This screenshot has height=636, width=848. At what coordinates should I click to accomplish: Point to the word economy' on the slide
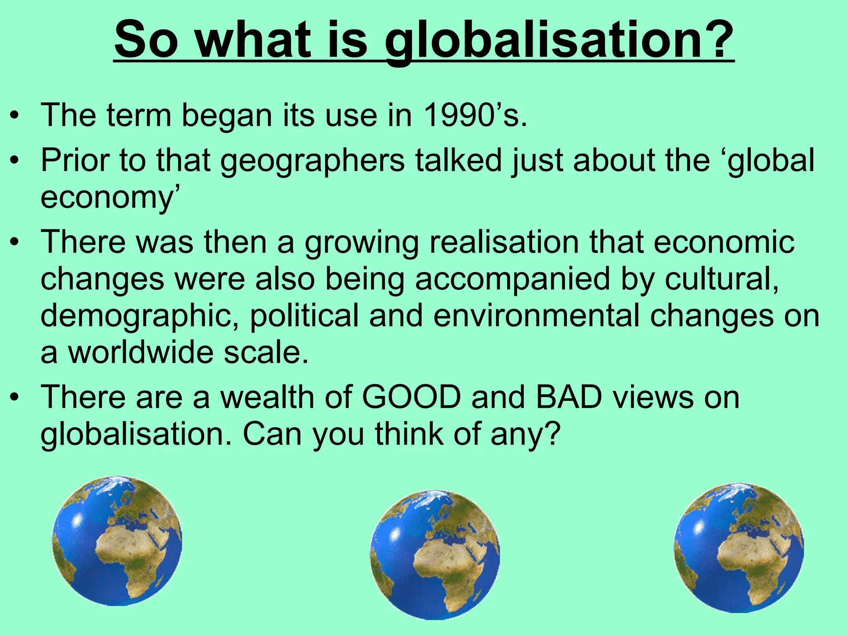[x=110, y=198]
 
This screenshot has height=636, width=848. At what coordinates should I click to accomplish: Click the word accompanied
[x=512, y=279]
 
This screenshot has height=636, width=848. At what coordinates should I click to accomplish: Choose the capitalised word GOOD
[x=411, y=397]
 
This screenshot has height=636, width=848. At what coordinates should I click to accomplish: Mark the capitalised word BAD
[x=569, y=397]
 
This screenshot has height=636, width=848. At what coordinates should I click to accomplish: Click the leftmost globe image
[x=117, y=540]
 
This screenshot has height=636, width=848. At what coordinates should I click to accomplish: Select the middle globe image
[x=434, y=554]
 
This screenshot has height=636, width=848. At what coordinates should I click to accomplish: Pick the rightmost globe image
[x=739, y=547]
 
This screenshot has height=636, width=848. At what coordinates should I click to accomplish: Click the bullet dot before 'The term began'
[x=15, y=116]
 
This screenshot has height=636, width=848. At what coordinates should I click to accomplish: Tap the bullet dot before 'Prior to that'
[x=15, y=161]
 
